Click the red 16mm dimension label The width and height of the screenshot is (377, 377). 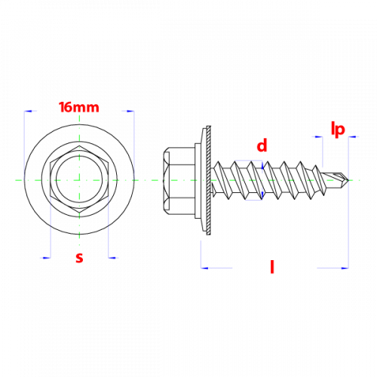tap(79, 107)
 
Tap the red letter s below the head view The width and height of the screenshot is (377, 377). tap(79, 258)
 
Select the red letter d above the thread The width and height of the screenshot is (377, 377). tap(262, 146)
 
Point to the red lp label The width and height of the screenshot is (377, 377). tap(338, 130)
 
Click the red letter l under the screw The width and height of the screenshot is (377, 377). tap(272, 267)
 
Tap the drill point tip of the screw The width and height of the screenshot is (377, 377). tap(349, 180)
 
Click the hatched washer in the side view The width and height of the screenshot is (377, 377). tap(208, 180)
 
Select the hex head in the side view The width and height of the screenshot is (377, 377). tap(179, 180)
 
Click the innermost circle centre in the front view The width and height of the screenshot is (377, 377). tap(79, 180)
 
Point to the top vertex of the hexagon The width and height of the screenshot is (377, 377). tap(79, 146)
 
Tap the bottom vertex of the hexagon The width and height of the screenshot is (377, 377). tap(79, 214)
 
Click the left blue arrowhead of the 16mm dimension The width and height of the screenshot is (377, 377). tap(28, 111)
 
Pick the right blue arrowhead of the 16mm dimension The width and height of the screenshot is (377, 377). tap(130, 111)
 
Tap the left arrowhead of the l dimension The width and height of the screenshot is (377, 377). tap(204, 268)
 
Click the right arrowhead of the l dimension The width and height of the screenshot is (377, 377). tap(345, 268)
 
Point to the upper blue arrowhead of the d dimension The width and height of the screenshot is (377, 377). tap(262, 165)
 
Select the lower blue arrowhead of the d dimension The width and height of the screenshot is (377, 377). tap(262, 195)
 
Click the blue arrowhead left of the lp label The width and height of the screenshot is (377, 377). tap(319, 137)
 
